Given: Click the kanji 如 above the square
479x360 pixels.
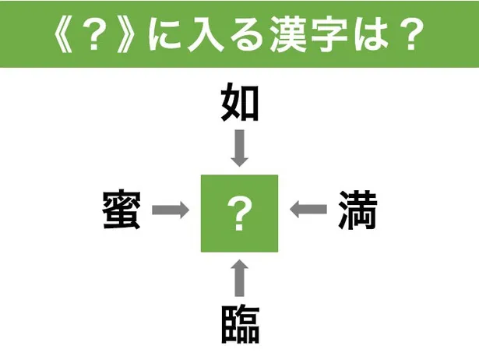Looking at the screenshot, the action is pyautogui.click(x=240, y=103).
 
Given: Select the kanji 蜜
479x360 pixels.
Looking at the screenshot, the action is pyautogui.click(x=122, y=210).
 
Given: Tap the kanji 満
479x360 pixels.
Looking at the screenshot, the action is pyautogui.click(x=357, y=210).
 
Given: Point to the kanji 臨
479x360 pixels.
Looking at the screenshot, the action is pyautogui.click(x=240, y=324).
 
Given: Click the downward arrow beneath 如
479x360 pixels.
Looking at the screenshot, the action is pyautogui.click(x=240, y=148).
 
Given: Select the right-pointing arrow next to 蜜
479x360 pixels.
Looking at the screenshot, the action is pyautogui.click(x=171, y=210).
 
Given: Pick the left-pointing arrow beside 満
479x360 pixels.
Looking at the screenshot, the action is pyautogui.click(x=308, y=210).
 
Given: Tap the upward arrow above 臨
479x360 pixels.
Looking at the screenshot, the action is pyautogui.click(x=240, y=278).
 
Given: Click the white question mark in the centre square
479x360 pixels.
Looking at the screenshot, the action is pyautogui.click(x=240, y=214).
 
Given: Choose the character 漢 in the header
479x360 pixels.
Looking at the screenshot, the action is pyautogui.click(x=287, y=34).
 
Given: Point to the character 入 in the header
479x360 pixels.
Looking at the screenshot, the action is pyautogui.click(x=206, y=34).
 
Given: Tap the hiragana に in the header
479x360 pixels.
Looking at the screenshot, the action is pyautogui.click(x=165, y=34).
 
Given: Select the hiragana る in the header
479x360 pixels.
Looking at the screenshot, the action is pyautogui.click(x=247, y=34).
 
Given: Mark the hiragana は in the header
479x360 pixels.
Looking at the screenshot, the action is pyautogui.click(x=371, y=34).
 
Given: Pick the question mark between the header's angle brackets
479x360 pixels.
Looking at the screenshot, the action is pyautogui.click(x=94, y=34).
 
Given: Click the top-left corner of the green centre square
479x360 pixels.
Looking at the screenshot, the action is pyautogui.click(x=201, y=175).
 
